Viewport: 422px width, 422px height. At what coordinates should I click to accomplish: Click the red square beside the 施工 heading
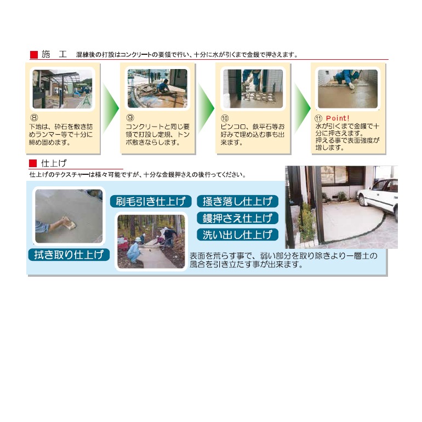(34, 55)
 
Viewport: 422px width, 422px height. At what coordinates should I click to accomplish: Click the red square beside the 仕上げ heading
(33, 163)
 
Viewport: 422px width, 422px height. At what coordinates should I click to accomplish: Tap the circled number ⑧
(34, 118)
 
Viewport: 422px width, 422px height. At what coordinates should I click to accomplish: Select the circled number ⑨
(130, 118)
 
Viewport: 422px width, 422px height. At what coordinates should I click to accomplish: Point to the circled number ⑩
(225, 118)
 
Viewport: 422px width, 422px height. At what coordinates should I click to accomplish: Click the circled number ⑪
(318, 118)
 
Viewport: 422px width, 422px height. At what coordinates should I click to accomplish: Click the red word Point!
(338, 118)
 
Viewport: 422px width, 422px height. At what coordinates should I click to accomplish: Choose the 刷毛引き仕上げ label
(151, 201)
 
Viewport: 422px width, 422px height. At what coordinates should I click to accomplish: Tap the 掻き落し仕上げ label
(237, 201)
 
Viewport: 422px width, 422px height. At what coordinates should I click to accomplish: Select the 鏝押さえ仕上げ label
(237, 218)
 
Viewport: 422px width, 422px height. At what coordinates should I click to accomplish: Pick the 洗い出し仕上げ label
(237, 235)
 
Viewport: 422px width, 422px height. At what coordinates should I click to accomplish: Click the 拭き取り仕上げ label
(69, 255)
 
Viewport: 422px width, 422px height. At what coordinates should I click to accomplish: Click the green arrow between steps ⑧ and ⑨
(110, 108)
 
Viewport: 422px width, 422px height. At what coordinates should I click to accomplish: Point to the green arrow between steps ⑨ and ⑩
(206, 108)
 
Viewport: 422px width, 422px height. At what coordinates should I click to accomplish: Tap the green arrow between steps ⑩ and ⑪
(302, 108)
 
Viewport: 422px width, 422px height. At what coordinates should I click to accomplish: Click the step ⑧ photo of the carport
(62, 89)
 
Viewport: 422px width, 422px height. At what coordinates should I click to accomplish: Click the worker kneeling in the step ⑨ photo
(162, 86)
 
